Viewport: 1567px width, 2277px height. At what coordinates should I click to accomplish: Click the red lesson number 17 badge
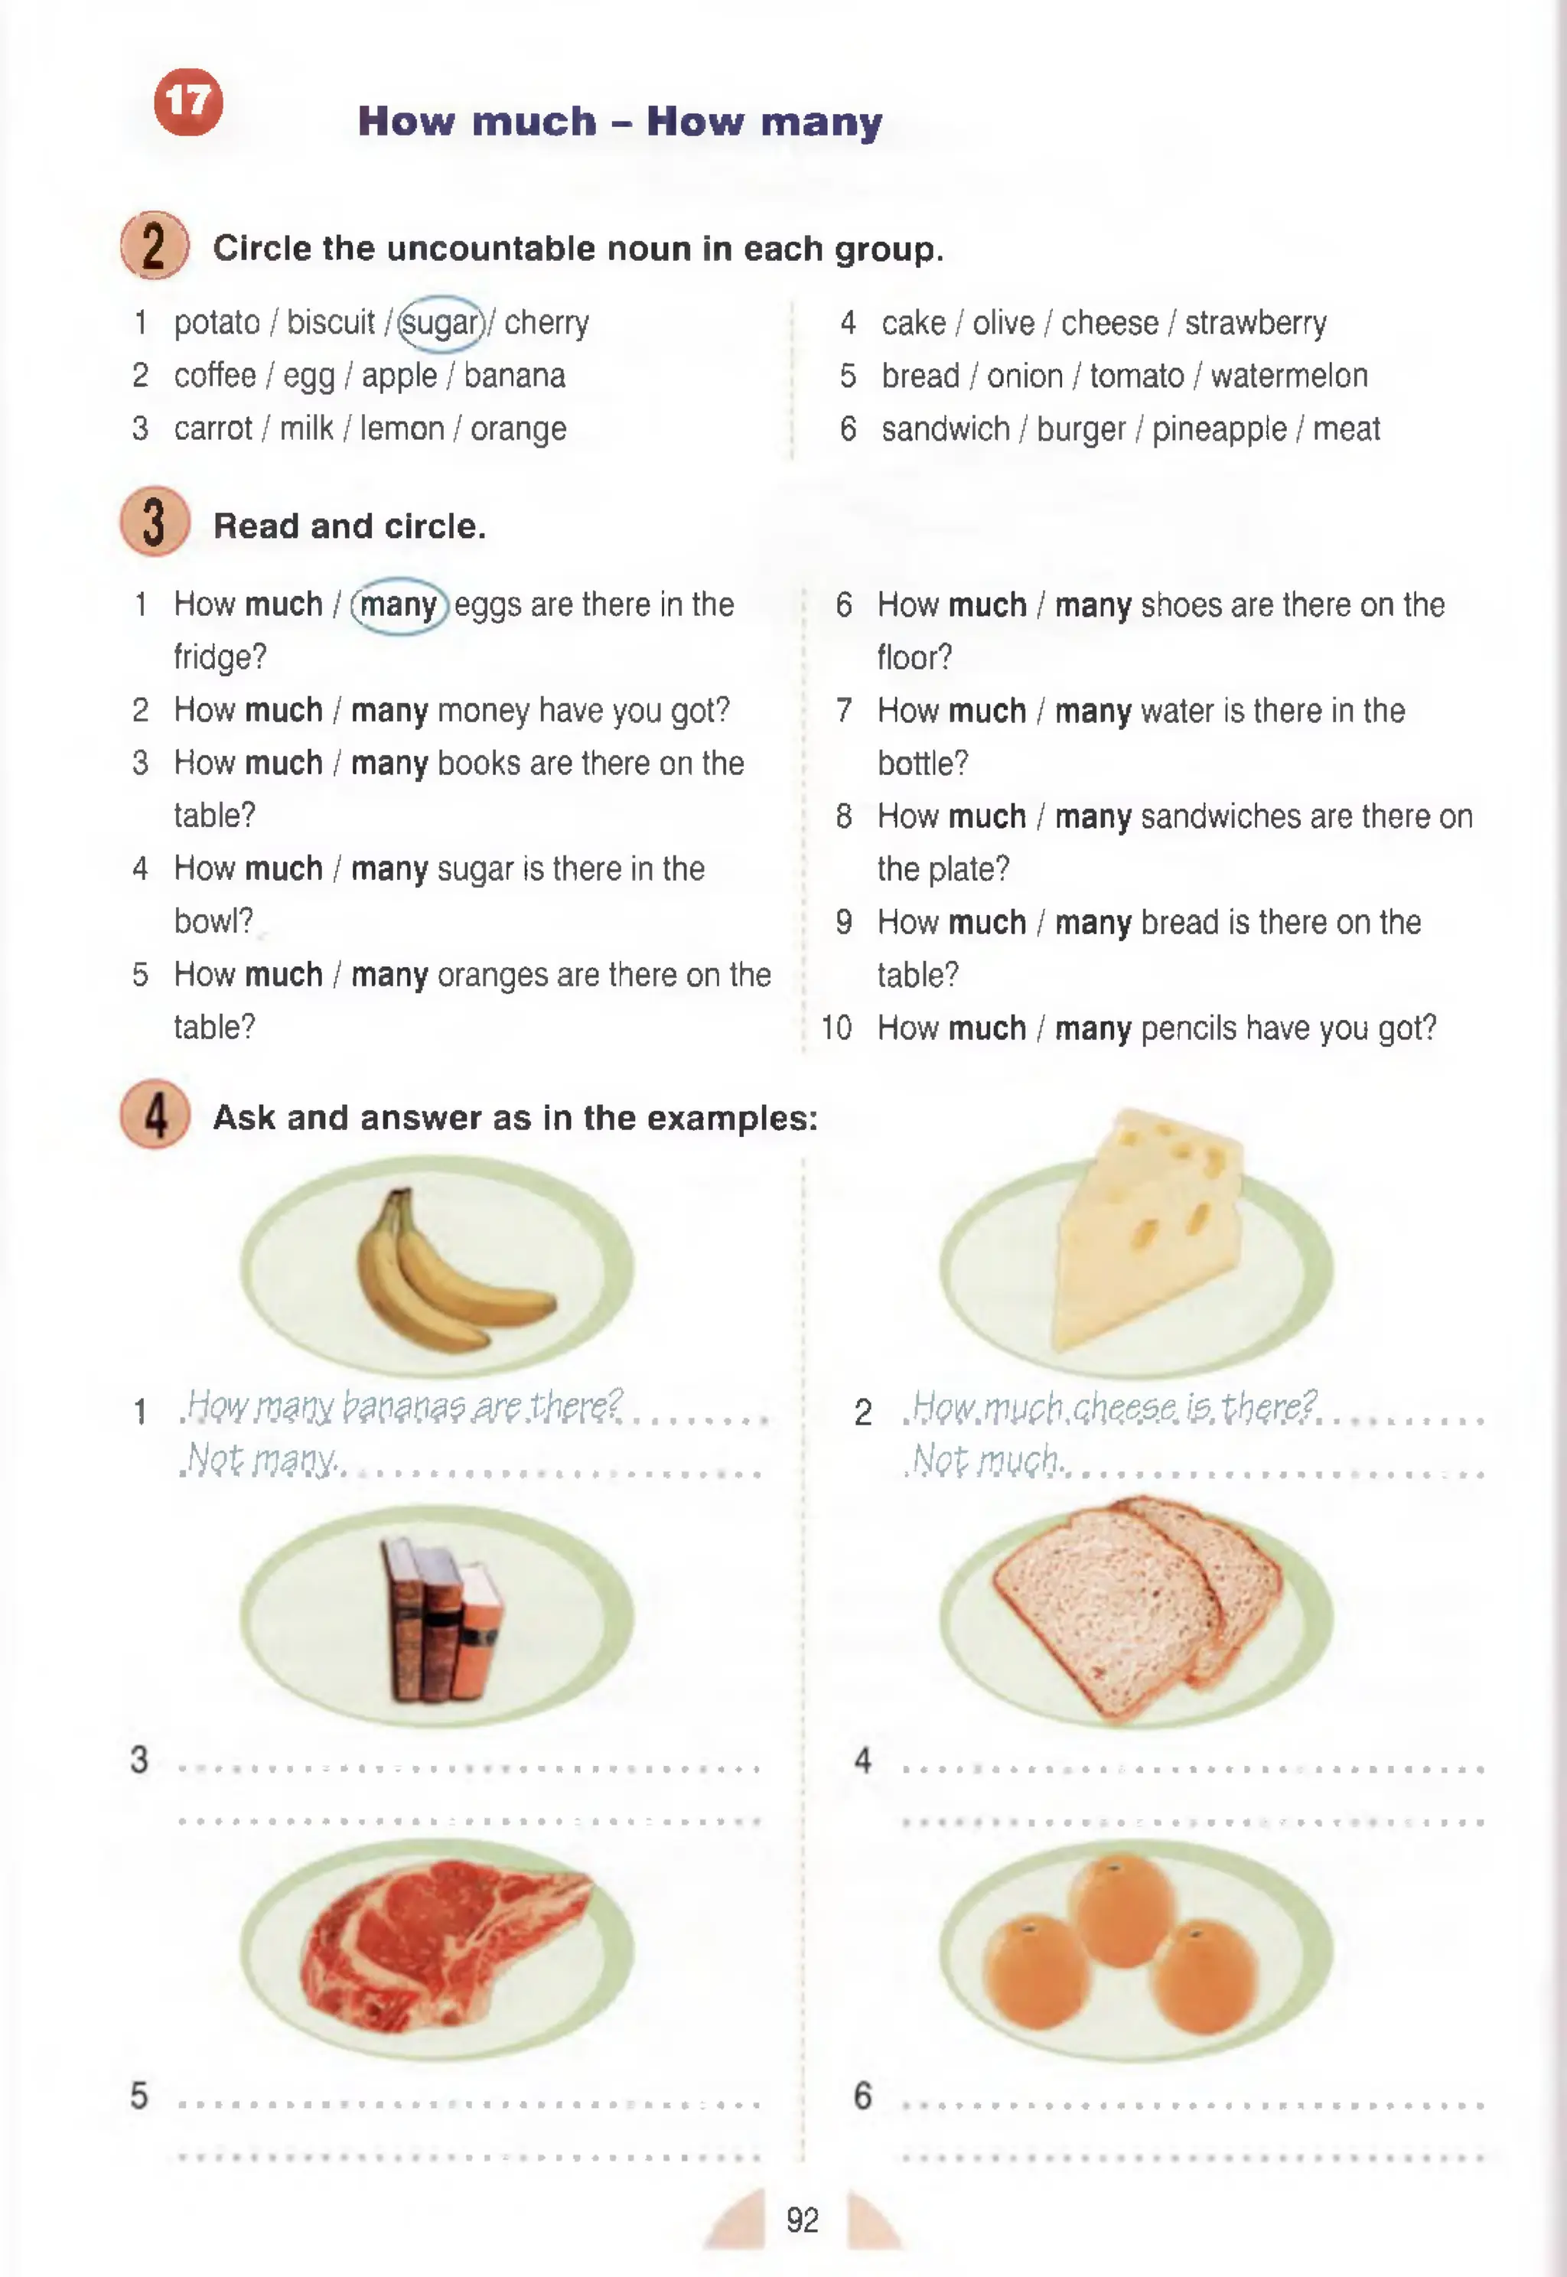point(187,102)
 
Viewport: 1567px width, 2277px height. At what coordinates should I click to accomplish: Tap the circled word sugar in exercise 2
point(441,323)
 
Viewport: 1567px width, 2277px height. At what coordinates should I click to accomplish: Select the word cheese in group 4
point(1109,323)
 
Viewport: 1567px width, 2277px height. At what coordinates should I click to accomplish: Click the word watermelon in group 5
point(1289,376)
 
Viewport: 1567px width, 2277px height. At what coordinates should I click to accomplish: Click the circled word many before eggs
point(399,605)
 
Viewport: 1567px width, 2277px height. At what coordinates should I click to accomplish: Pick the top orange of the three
point(1121,1910)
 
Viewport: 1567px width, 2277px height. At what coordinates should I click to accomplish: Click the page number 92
point(802,2219)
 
